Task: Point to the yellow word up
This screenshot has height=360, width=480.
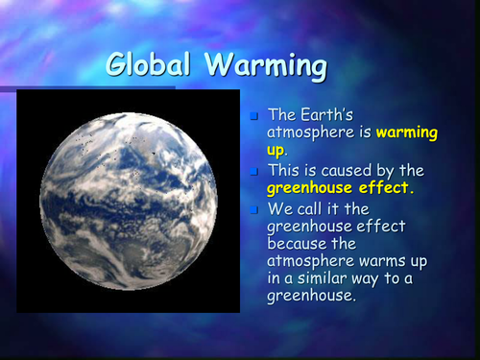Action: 276,150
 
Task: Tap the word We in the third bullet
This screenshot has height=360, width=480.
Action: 279,208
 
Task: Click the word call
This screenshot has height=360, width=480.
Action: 312,208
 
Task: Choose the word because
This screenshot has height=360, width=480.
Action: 299,244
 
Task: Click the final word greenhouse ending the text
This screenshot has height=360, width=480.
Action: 312,296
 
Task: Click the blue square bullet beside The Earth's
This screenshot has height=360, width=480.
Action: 253,117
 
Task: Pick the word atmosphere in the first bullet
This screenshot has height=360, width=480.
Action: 309,132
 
